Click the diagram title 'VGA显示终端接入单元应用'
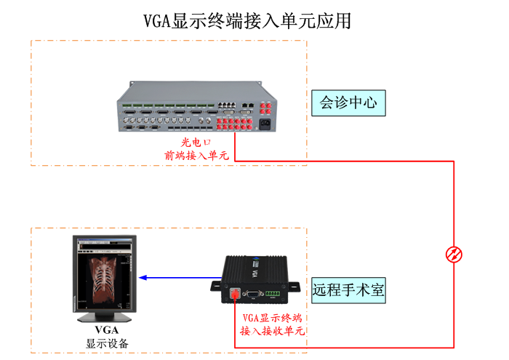248,20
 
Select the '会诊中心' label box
348,103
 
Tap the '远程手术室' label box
348,290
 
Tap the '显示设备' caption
106,343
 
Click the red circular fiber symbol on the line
454,254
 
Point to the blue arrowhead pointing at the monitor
143,278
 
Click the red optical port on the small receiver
235,295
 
